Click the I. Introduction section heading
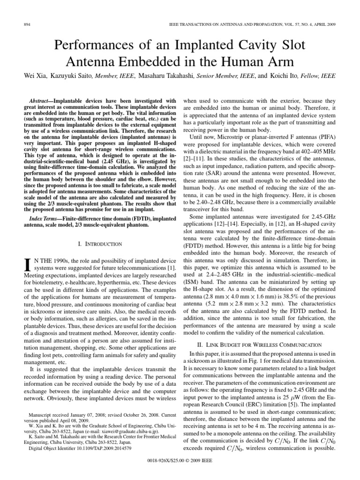pos(99,244)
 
